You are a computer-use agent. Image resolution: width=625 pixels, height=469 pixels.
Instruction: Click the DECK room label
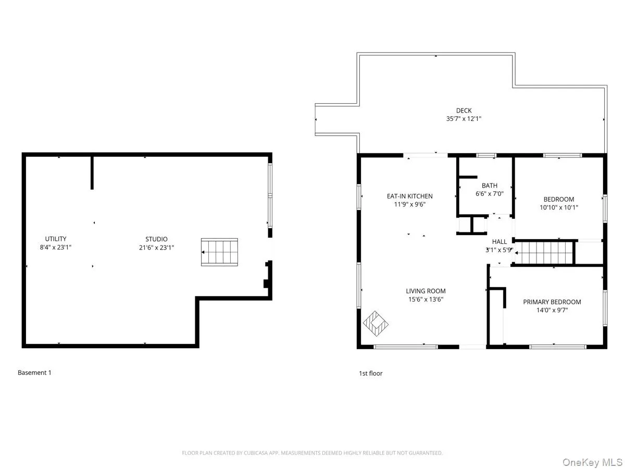464,110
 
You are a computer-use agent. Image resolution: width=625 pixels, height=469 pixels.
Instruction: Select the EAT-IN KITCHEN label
409,196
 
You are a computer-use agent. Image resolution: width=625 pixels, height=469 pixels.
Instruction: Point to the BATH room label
489,186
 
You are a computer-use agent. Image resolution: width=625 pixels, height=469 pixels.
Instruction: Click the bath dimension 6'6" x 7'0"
489,194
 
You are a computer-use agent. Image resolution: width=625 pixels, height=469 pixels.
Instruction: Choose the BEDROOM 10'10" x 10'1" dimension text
558,207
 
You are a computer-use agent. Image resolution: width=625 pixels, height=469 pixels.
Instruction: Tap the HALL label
499,242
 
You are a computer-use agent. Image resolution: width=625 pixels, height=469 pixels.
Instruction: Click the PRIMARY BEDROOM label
552,302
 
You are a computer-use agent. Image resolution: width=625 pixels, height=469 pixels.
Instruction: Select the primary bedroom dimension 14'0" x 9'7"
552,311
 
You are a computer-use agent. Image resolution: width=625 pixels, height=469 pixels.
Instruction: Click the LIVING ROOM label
426,291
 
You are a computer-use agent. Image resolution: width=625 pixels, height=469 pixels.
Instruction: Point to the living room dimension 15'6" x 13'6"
426,300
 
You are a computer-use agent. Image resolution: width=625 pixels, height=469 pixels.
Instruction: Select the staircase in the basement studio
220,252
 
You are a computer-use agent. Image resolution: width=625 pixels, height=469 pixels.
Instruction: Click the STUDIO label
153,239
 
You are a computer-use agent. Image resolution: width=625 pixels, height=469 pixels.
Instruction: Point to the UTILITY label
55,239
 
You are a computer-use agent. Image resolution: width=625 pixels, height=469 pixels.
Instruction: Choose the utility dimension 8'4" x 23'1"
55,248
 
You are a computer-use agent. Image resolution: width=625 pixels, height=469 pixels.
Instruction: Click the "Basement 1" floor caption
34,373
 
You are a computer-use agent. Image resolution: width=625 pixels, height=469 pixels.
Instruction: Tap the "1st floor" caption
370,374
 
